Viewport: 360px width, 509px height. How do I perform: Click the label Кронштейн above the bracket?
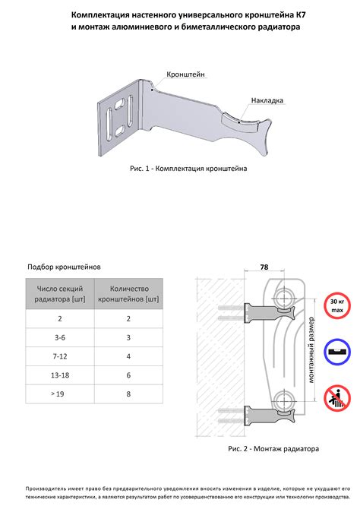(185, 74)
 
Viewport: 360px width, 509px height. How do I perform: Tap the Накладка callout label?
(267, 100)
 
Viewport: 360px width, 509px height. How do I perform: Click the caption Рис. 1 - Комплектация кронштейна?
(188, 169)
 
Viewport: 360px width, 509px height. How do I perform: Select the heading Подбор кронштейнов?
(64, 267)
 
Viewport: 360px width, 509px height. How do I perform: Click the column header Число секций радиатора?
(60, 294)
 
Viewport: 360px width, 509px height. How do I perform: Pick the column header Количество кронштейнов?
(128, 294)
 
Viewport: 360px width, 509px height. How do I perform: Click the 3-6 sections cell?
(60, 337)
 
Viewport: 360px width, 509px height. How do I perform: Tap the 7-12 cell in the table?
(60, 356)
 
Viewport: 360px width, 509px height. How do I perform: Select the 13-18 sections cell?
(60, 375)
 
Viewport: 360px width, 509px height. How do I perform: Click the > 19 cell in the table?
(58, 394)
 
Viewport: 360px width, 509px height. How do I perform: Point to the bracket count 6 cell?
(128, 375)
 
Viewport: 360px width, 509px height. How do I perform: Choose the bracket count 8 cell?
(128, 394)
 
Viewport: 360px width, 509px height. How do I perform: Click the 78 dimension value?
(264, 267)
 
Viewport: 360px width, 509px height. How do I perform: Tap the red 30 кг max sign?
(337, 305)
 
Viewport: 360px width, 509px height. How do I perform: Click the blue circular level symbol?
(337, 352)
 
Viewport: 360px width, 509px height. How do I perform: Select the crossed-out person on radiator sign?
(337, 398)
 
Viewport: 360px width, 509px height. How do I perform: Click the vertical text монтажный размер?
(311, 350)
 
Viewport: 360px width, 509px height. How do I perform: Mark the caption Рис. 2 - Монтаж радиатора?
(273, 449)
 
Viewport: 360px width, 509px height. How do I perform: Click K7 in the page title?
(301, 15)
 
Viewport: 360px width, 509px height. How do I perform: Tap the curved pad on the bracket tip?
(240, 124)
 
